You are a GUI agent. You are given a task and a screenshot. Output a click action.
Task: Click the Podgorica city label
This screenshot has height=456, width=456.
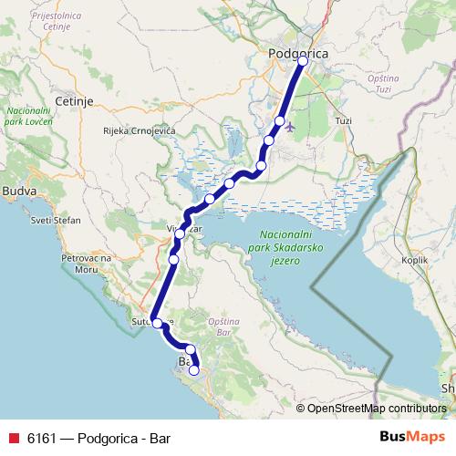(298, 55)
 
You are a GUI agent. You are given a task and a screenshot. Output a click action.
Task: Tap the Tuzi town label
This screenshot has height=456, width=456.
(343, 120)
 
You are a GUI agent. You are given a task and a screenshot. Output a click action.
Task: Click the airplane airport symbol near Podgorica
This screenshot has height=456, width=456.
(290, 128)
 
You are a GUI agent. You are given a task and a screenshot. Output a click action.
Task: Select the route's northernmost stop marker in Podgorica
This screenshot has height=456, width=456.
(304, 62)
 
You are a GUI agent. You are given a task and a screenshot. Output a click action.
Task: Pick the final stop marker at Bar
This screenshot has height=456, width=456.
(193, 370)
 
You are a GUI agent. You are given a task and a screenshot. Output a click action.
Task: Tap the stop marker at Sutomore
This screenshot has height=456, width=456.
(157, 323)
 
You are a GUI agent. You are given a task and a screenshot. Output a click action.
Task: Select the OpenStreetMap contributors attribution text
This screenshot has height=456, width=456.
(376, 408)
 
